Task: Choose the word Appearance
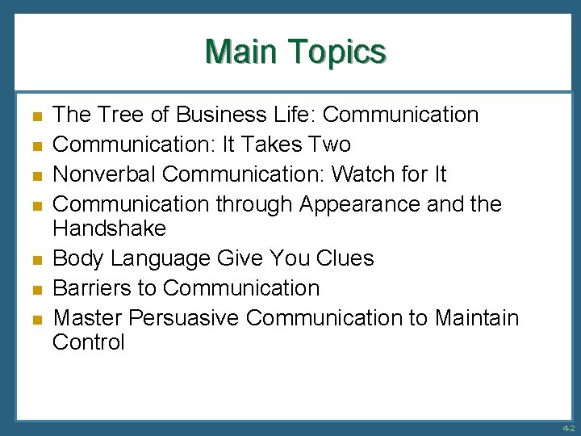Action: coord(360,204)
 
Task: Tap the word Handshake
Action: coord(109,228)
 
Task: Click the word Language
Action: coord(161,258)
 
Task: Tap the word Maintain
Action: coord(477,317)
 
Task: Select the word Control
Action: coord(89,342)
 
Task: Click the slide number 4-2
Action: coord(568,428)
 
